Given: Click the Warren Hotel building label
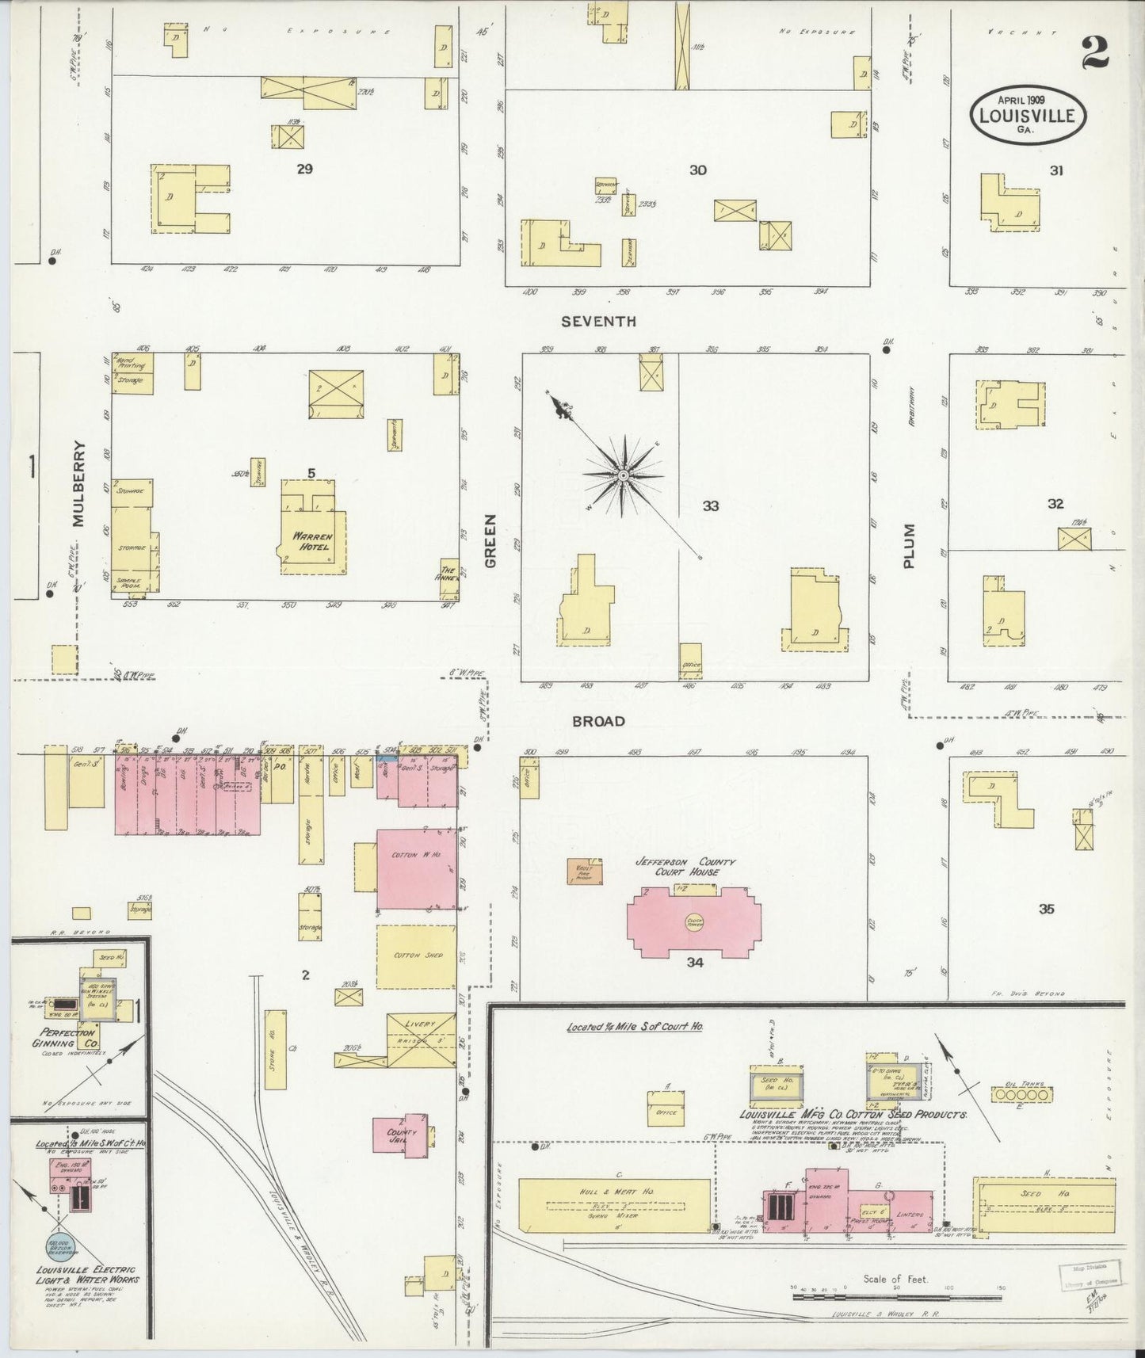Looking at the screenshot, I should coord(312,541).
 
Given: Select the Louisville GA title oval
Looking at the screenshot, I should coord(1027,115).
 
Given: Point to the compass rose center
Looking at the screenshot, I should coord(623,475).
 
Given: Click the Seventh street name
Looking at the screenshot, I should coord(598,322).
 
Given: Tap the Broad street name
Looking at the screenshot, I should coord(598,721).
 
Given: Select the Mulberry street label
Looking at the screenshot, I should coord(78,494).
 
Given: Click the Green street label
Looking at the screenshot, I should coord(490,540).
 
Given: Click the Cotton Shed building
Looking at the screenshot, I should coord(416,956).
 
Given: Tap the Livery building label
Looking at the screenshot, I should coord(420,1024).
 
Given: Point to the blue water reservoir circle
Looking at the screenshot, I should coord(61,1249).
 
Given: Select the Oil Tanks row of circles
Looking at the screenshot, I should coord(1022,1094).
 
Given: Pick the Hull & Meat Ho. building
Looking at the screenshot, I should coord(615,1205).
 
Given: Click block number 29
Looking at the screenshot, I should coord(304,168).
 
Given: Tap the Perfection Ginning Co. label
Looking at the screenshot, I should coord(64,1038).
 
